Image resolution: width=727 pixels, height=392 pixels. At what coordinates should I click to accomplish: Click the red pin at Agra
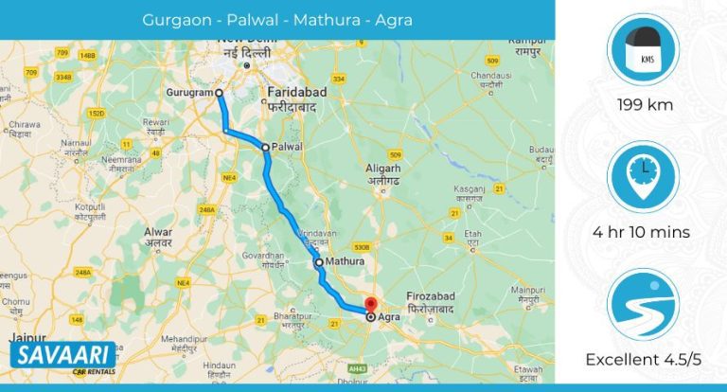tap(370, 306)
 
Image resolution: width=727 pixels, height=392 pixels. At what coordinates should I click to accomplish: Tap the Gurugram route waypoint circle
tap(219, 93)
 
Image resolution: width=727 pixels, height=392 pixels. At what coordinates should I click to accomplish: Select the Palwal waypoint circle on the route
tap(266, 147)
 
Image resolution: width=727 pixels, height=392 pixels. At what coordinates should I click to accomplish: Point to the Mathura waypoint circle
tap(318, 262)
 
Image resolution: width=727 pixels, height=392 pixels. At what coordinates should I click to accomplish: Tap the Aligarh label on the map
tap(390, 170)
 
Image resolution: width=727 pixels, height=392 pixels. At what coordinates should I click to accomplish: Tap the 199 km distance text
tap(644, 105)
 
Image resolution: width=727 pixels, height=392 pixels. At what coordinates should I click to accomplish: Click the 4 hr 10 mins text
tap(644, 232)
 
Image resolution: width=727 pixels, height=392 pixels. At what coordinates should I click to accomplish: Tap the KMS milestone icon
tap(644, 50)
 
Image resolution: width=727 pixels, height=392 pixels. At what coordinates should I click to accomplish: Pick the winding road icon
tap(644, 303)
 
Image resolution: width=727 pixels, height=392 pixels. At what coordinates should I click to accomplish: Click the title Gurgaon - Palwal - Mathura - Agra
tap(277, 19)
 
